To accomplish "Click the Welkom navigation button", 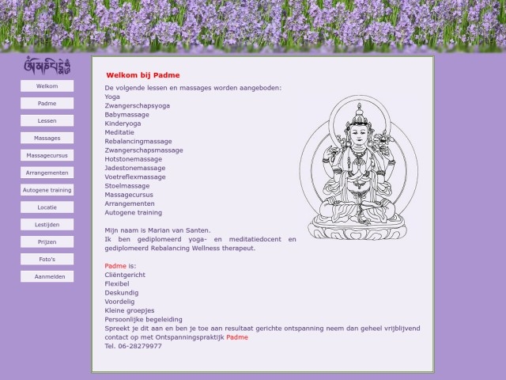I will click(x=47, y=85).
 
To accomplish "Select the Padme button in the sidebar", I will click(x=47, y=103).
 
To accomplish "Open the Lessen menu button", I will click(x=47, y=120).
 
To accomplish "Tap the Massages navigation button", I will click(x=47, y=138).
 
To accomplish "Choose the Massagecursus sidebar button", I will click(x=47, y=155).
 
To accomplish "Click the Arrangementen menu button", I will click(x=47, y=173).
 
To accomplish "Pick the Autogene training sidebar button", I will click(x=47, y=190).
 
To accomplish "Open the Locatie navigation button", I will click(x=47, y=207).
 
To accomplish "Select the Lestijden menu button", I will click(x=47, y=225).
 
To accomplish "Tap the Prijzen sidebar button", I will click(x=47, y=241).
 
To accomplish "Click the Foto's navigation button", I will click(x=47, y=259).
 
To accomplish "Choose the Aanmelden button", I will click(x=47, y=276).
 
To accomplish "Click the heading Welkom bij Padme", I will click(x=140, y=74).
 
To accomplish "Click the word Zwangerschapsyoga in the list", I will click(x=137, y=105).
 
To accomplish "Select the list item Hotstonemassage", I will click(x=133, y=159).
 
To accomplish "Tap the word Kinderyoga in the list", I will click(x=123, y=123).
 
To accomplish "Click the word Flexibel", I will click(x=117, y=283).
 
